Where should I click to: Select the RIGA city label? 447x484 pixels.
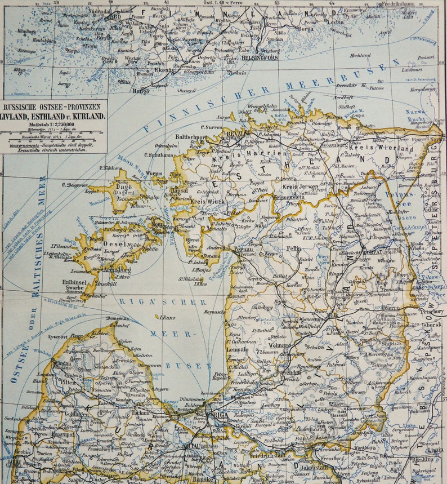[x=218, y=415]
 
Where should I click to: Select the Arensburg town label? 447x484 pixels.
[x=117, y=270]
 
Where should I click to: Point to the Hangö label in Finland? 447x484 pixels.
[x=141, y=90]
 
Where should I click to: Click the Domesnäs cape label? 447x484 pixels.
[x=119, y=318]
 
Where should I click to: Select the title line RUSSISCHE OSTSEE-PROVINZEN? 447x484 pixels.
[x=53, y=107]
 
